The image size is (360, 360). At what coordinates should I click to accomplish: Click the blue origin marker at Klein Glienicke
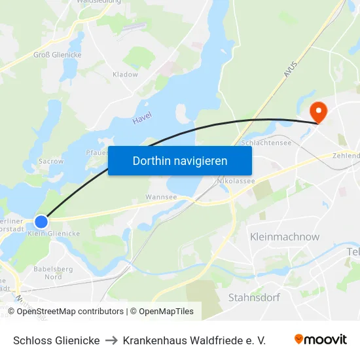[41, 222]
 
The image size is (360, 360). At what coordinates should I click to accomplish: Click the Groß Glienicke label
[58, 55]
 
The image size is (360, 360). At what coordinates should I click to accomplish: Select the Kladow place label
[125, 75]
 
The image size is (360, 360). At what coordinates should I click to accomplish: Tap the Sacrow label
[50, 160]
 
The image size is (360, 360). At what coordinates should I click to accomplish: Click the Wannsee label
[161, 196]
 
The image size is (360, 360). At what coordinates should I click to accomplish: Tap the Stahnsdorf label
[254, 298]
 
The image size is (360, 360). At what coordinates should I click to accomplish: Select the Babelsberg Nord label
[53, 273]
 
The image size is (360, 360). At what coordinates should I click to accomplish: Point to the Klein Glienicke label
[54, 234]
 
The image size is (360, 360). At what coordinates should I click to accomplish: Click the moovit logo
[320, 340]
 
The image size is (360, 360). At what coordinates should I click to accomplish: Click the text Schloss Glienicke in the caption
[56, 340]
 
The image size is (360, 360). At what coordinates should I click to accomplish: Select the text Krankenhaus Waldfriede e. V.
[194, 340]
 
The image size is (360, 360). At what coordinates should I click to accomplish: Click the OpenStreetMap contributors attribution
[70, 312]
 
